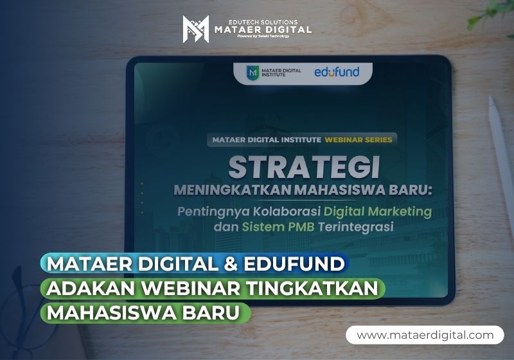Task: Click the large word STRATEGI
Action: [304, 167]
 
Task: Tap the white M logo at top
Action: [196, 29]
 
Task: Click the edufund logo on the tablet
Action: [337, 72]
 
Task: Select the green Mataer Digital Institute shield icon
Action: [253, 72]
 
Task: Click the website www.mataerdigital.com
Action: [425, 335]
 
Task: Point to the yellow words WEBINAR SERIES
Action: [359, 140]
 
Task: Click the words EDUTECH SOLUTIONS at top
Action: [263, 22]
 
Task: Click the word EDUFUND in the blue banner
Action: [294, 264]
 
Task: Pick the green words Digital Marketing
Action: [378, 212]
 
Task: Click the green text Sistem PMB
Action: [278, 227]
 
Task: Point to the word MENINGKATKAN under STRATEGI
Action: [233, 190]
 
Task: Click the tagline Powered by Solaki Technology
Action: [263, 36]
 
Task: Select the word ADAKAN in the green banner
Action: [90, 289]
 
